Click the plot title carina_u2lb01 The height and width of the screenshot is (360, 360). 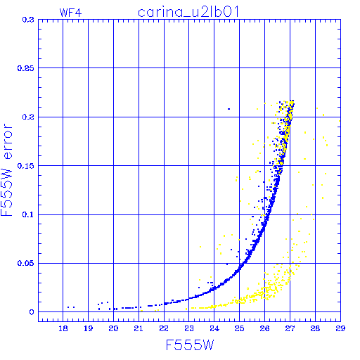coord(188,12)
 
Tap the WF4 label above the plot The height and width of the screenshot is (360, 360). coord(70,13)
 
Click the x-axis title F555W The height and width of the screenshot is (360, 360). coord(190,345)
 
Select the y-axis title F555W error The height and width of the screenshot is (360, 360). coord(7,170)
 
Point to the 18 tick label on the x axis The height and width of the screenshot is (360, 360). coord(63,328)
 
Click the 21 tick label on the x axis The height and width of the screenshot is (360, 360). coord(139,328)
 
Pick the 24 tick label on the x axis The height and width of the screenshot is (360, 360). coord(214,328)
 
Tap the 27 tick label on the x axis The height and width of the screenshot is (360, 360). coord(290,328)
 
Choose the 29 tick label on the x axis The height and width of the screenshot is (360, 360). coord(340,328)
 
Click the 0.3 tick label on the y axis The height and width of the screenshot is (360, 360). coord(28,20)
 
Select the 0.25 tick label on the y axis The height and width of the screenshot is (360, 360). coord(26,68)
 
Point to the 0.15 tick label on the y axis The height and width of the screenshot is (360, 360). coord(26,166)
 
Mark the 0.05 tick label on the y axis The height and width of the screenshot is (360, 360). coord(26,263)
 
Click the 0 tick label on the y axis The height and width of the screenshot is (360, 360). coord(32,312)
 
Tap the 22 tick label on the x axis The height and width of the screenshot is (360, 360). coord(164,328)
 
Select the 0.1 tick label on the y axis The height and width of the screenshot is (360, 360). coord(28,214)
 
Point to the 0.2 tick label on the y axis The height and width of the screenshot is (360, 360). coord(28,117)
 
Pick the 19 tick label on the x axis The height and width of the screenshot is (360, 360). coord(88,328)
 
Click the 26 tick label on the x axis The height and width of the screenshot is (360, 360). coord(264,328)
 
